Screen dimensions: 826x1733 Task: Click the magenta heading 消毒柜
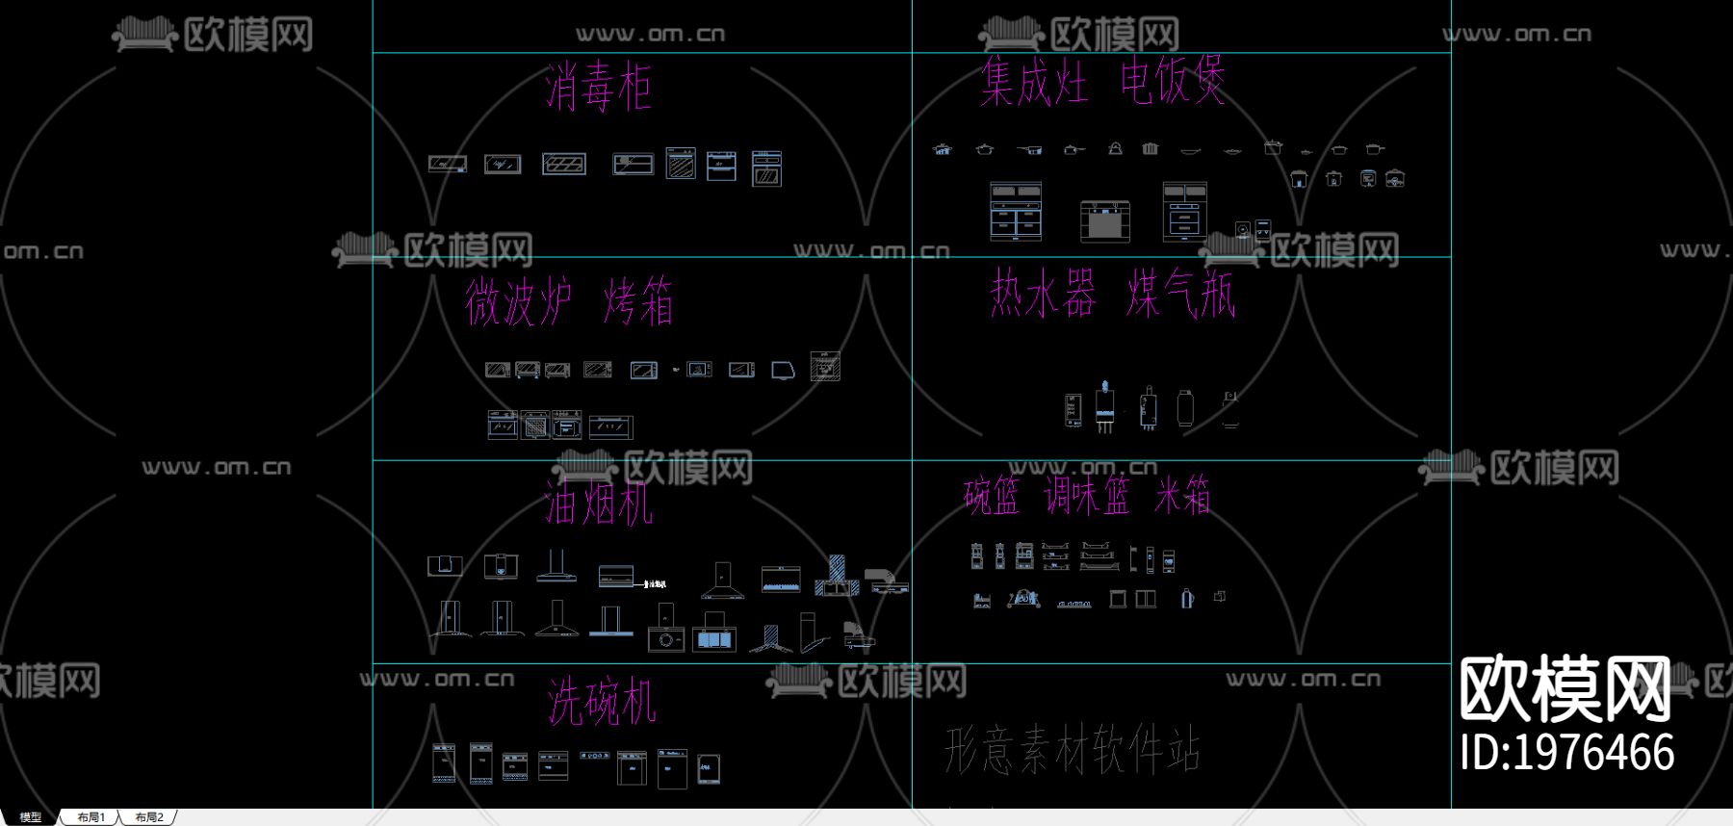(x=598, y=88)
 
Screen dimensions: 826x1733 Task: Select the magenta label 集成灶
(x=1034, y=81)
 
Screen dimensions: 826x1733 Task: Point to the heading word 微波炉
(x=518, y=300)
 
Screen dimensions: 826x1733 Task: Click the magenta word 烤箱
(x=637, y=300)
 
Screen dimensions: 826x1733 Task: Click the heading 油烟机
(x=598, y=503)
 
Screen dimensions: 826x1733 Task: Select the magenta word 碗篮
(x=992, y=496)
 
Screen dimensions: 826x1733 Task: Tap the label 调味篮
(x=1087, y=496)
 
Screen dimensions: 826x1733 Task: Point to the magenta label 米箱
(x=1182, y=496)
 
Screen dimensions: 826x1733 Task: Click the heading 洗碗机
(x=602, y=701)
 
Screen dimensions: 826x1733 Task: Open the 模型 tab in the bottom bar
(x=31, y=817)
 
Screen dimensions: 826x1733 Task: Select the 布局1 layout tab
(x=91, y=817)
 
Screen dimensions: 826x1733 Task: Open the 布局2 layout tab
(x=149, y=817)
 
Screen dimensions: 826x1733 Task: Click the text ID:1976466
(x=1566, y=752)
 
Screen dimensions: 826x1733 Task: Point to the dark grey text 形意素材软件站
(x=1072, y=749)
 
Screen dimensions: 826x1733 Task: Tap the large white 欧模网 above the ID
(x=1565, y=689)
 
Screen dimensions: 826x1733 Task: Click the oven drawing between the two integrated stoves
(x=1104, y=220)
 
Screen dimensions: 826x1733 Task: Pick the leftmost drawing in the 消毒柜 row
(x=448, y=164)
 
